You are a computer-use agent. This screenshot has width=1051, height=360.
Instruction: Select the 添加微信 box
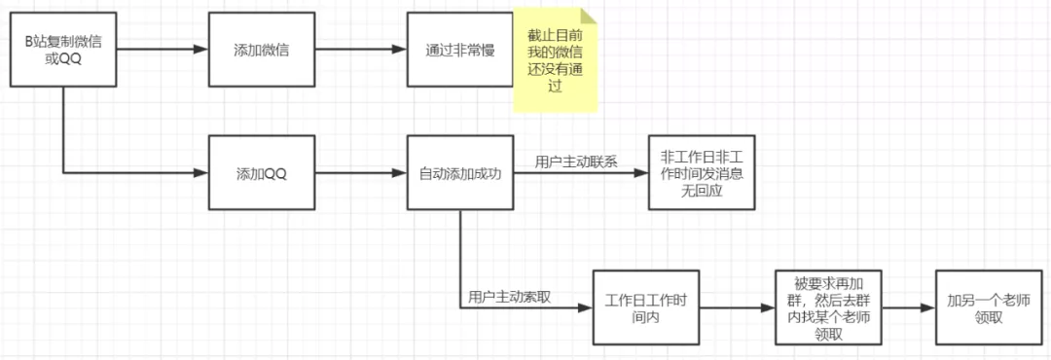coord(262,50)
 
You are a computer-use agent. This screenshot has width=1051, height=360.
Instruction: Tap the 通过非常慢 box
coord(460,50)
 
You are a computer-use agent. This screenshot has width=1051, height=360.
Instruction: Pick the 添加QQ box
coord(262,174)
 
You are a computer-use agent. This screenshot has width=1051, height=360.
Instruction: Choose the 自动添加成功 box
coord(460,174)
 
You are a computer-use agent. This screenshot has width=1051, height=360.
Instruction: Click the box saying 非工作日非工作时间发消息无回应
coord(702,174)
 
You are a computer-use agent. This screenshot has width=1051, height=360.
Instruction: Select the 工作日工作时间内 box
coord(646,307)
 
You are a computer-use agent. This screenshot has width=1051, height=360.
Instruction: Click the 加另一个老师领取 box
coord(986,307)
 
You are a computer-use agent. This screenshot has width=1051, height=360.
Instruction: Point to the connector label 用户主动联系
coord(576,162)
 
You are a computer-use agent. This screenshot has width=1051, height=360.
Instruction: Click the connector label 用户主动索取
coord(509,296)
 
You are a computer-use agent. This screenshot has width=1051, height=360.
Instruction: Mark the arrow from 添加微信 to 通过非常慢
coord(361,50)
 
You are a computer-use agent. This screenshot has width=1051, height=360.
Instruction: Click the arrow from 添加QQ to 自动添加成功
coord(361,174)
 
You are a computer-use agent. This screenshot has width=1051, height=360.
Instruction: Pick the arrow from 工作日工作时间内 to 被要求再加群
coord(737,307)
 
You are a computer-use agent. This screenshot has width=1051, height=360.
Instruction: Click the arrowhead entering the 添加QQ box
coord(202,174)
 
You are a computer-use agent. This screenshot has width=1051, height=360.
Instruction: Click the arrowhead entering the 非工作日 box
coord(642,174)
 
